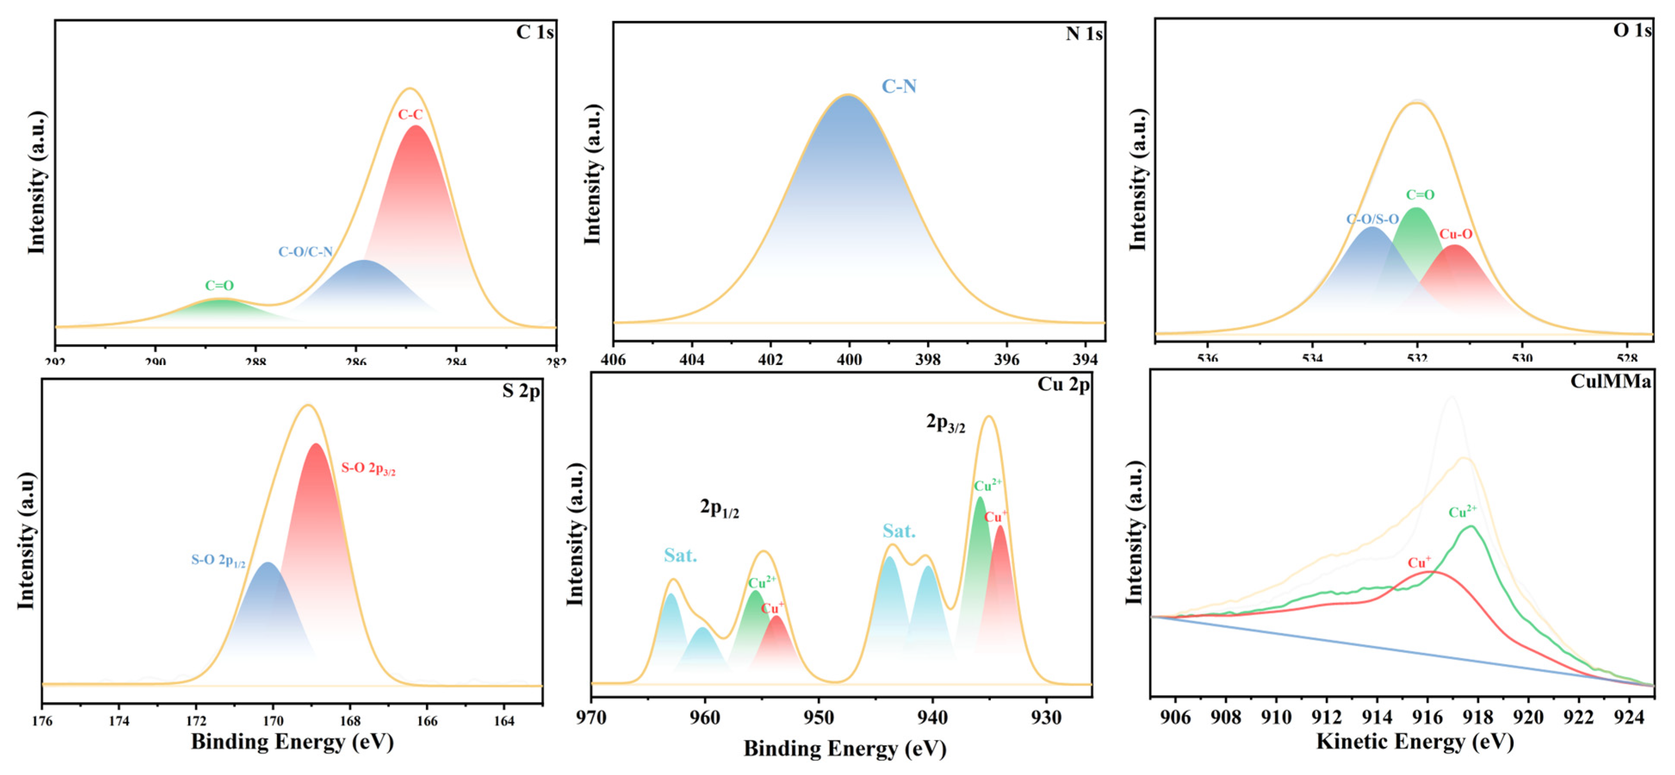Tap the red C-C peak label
coord(410,115)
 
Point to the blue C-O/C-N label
coord(306,251)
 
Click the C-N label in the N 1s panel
coord(898,87)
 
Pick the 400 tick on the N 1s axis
coord(848,360)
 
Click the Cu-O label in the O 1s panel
coord(1455,234)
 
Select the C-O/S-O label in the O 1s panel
coord(1372,219)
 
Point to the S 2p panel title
coord(520,391)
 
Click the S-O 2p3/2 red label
coord(368,468)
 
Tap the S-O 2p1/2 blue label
coord(218,561)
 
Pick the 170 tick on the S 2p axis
coord(273,720)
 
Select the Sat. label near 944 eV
coord(898,531)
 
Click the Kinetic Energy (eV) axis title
coord(1414,741)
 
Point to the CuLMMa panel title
coord(1610,381)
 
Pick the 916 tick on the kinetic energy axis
coord(1427,718)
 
